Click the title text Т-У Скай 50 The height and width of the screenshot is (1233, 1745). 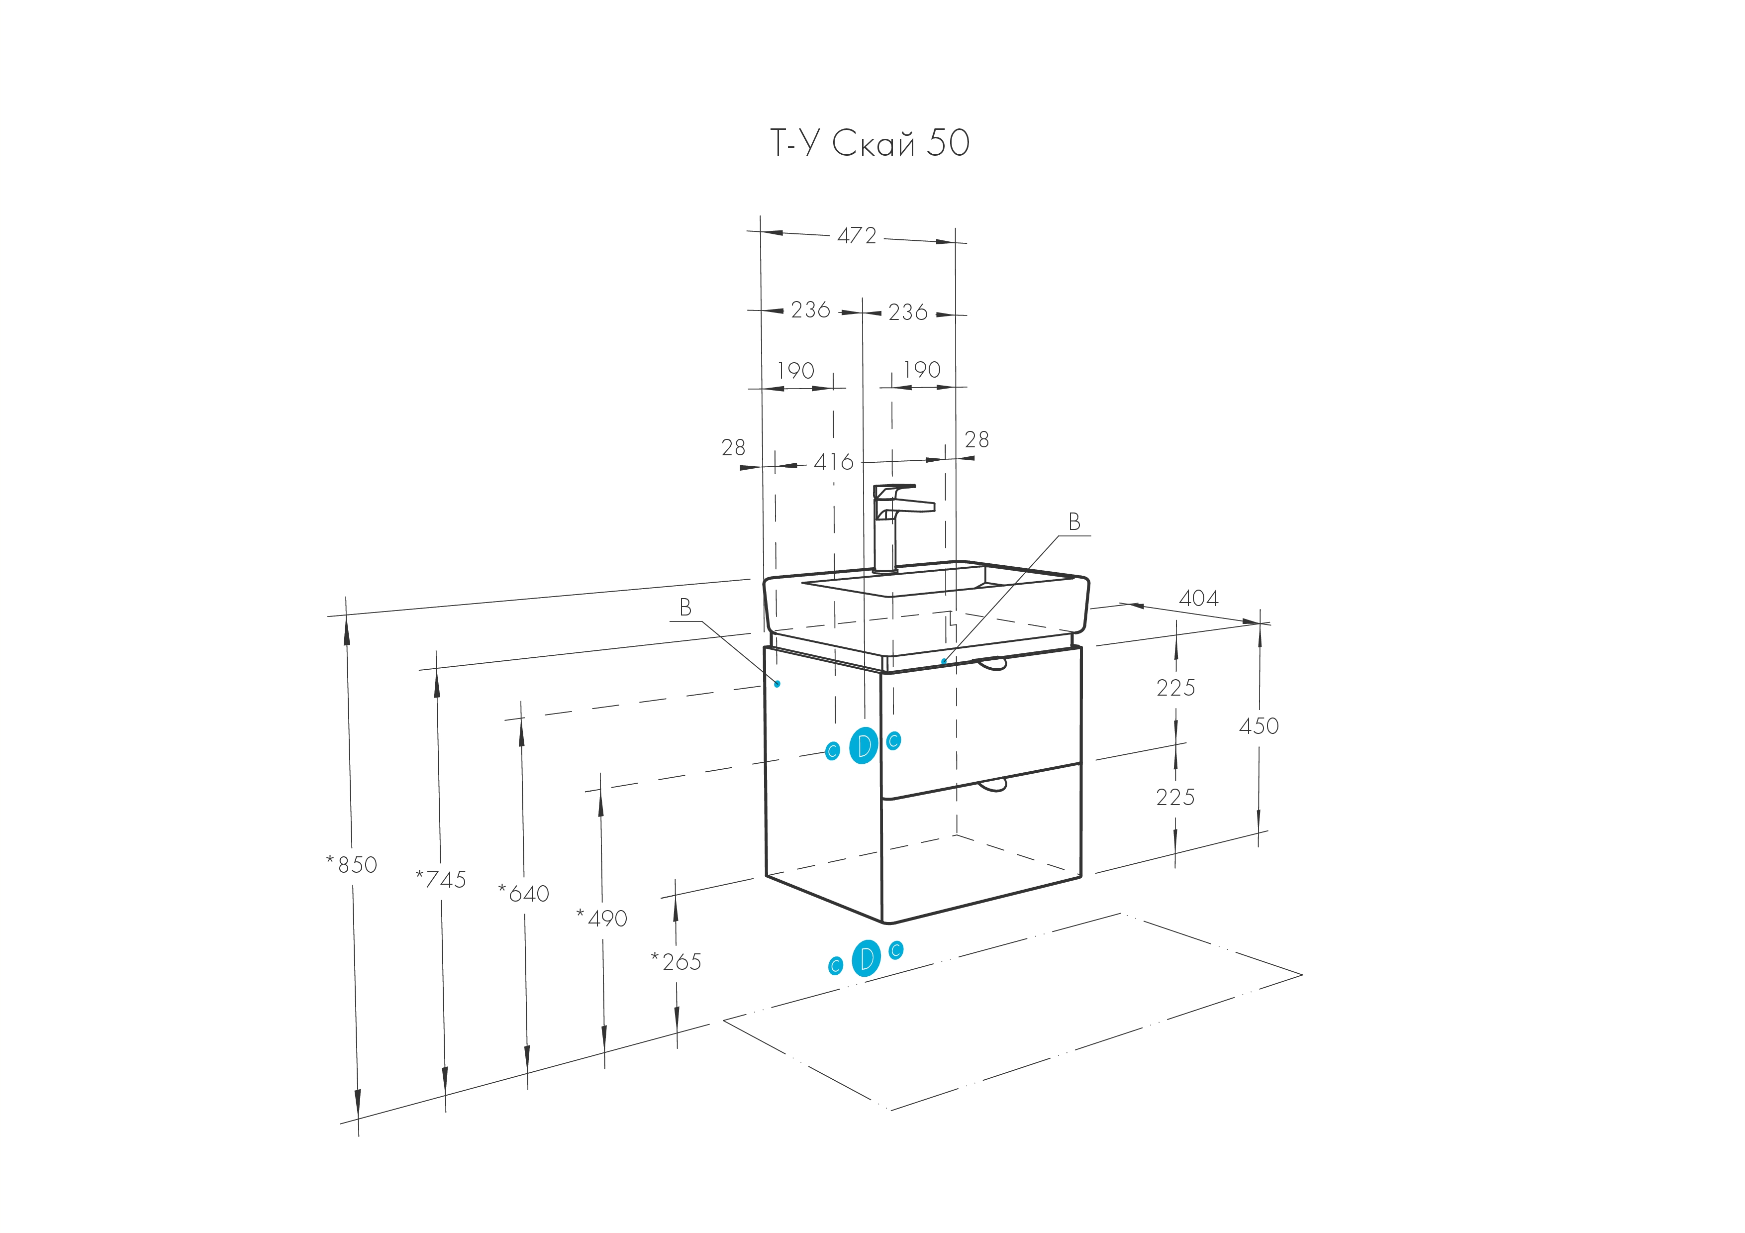pyautogui.click(x=870, y=143)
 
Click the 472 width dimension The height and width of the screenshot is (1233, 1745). pyautogui.click(x=857, y=236)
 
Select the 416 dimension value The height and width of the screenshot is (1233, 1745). pyautogui.click(x=834, y=462)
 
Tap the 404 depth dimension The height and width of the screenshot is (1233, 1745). pyautogui.click(x=1198, y=598)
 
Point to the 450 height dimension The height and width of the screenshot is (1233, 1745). pyautogui.click(x=1259, y=726)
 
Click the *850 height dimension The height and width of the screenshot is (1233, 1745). pyautogui.click(x=351, y=864)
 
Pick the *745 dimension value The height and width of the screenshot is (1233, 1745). pyautogui.click(x=441, y=880)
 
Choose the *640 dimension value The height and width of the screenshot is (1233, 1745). pyautogui.click(x=524, y=893)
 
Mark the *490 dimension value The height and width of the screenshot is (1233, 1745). pyautogui.click(x=602, y=919)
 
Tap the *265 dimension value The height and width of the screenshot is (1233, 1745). pyautogui.click(x=677, y=962)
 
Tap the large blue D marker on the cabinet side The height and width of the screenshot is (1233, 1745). pyautogui.click(x=864, y=746)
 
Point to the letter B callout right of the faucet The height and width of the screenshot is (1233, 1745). pyautogui.click(x=1074, y=521)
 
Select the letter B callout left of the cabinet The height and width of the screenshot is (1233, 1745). pyautogui.click(x=685, y=607)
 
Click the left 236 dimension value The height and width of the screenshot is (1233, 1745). pyautogui.click(x=810, y=310)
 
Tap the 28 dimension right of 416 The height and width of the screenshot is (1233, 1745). pyautogui.click(x=976, y=439)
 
